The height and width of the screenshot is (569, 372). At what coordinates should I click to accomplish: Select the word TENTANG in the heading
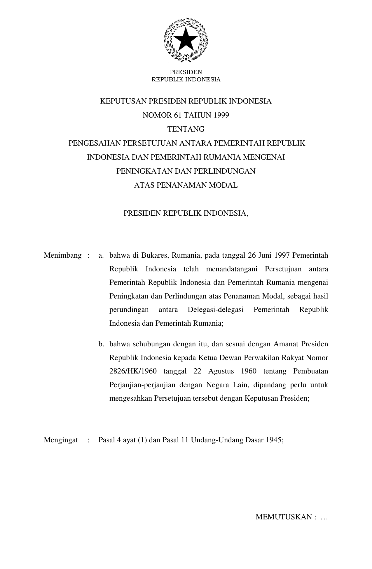coord(186,129)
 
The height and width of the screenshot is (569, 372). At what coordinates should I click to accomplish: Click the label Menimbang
coord(62,256)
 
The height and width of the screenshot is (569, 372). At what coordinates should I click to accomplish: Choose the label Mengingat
coord(61,440)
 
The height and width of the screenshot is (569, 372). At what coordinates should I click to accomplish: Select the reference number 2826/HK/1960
coord(133,371)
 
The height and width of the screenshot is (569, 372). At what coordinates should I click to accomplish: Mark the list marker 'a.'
coord(101,256)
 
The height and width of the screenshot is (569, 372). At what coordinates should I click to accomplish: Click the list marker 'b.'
coord(101,344)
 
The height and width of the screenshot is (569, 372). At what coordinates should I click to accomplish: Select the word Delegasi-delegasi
coord(216,310)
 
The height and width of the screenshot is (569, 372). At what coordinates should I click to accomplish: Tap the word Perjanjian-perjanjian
coord(142,385)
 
